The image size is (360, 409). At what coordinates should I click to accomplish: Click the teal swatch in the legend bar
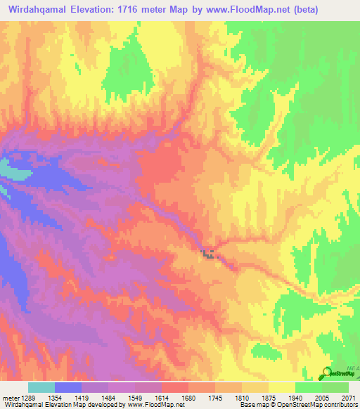click(41, 387)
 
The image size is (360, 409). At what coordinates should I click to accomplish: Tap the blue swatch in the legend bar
click(68, 387)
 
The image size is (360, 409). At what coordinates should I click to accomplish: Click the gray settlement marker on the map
click(208, 254)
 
